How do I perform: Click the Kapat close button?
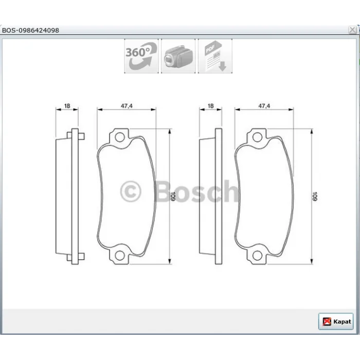pyautogui.click(x=336, y=321)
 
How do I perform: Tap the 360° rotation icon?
pyautogui.click(x=141, y=56)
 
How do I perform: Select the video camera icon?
pyautogui.click(x=178, y=56)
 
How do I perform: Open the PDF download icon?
pyautogui.click(x=215, y=56)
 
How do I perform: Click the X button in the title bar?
pyautogui.click(x=352, y=30)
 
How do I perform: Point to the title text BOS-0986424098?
pyautogui.click(x=30, y=30)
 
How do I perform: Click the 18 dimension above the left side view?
pyautogui.click(x=67, y=106)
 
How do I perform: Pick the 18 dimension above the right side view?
pyautogui.click(x=210, y=106)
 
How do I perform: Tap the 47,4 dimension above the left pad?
pyautogui.click(x=127, y=106)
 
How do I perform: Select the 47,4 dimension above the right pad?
pyautogui.click(x=264, y=106)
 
